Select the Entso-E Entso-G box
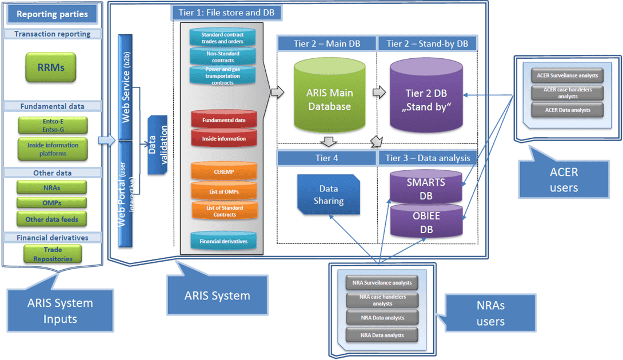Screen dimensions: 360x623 (52, 125)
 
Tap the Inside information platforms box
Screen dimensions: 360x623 (52, 149)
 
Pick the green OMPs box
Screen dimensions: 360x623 (52, 202)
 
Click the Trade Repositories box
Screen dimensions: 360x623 (53, 254)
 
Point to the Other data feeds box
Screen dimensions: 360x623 (52, 219)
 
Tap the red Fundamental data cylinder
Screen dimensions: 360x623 (223, 121)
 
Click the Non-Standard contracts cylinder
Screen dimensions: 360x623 (223, 56)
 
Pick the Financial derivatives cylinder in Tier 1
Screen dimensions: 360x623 (223, 241)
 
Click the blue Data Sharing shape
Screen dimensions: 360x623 (328, 194)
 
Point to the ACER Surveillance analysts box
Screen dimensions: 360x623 (567, 75)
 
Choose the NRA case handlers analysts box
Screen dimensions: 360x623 (382, 300)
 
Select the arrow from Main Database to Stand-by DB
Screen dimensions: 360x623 (378, 91)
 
